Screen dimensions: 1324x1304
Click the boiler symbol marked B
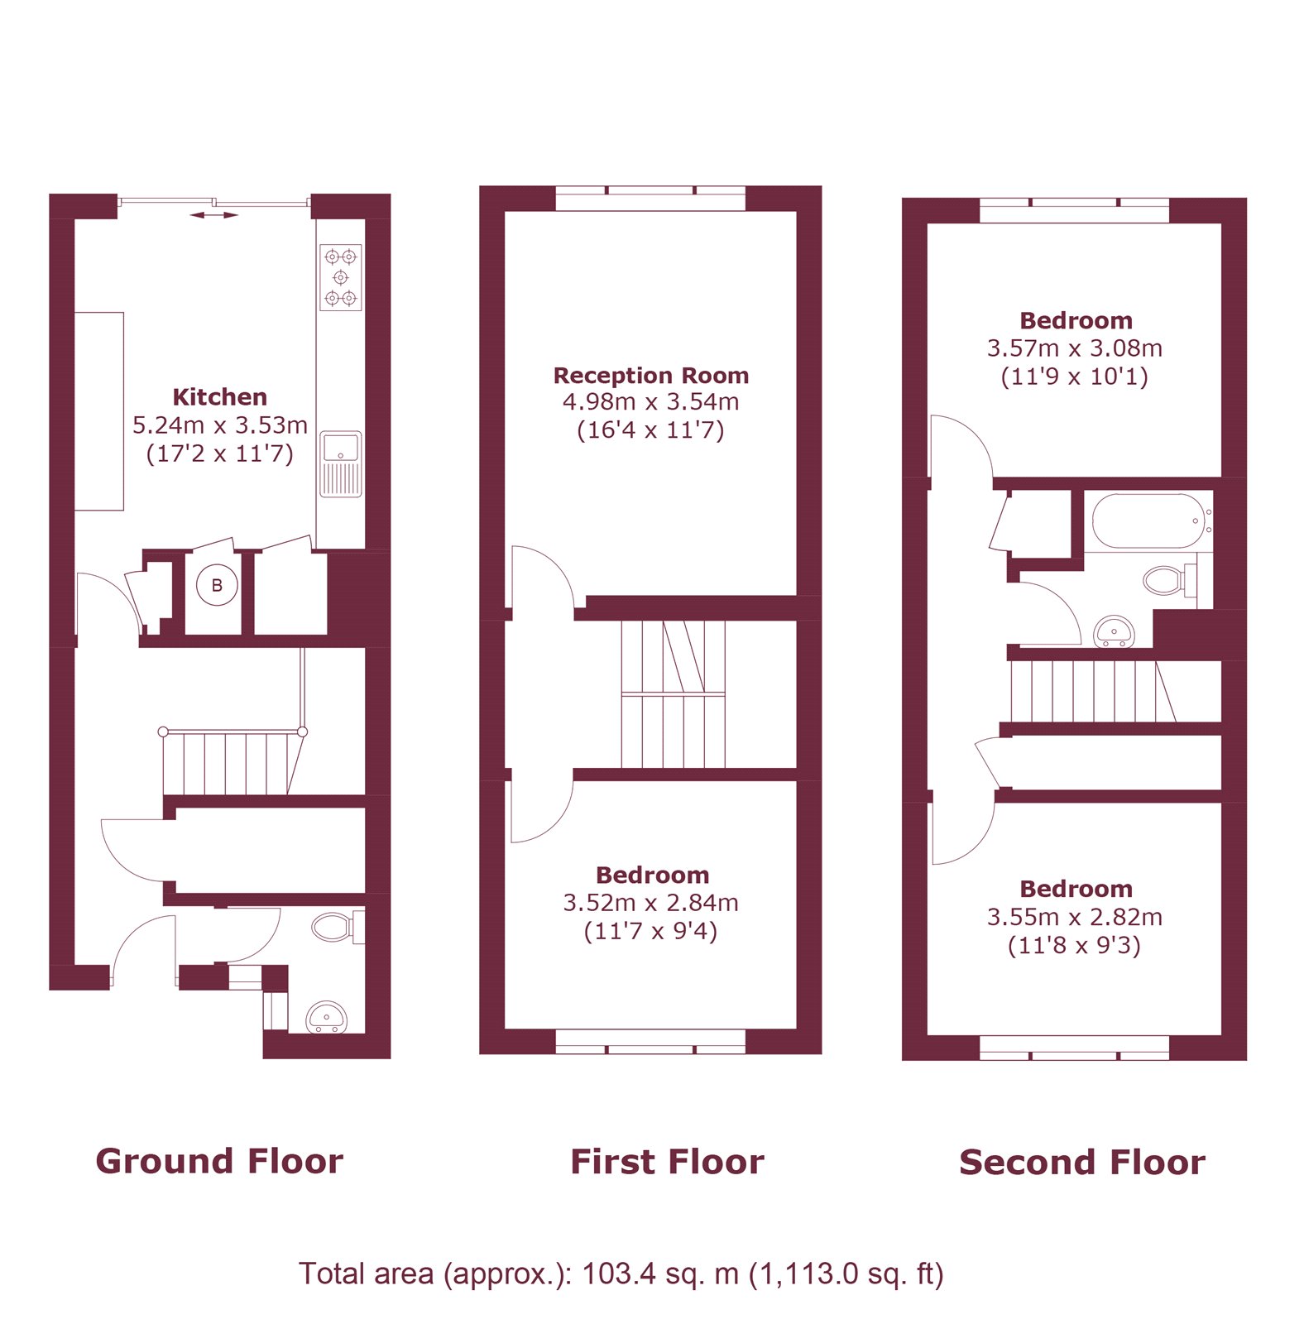point(217,586)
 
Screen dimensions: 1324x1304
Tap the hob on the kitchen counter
point(341,277)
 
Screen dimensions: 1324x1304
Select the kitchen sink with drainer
point(341,464)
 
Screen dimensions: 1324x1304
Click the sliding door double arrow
point(213,215)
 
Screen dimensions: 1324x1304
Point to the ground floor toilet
point(334,927)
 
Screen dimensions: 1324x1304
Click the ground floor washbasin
point(327,1018)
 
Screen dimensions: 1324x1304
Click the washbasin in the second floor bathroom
point(1114,632)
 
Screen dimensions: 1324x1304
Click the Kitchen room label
point(219,397)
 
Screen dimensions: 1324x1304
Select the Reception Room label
point(651,376)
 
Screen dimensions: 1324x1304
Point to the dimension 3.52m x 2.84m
point(651,903)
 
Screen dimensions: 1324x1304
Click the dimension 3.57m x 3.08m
point(1075,348)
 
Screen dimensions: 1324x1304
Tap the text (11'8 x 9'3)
point(1074,945)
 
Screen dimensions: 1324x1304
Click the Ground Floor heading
point(219,1161)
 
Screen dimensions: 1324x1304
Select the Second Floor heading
point(1081,1163)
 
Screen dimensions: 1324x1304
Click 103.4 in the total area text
point(615,1274)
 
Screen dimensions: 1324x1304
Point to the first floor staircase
point(673,695)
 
